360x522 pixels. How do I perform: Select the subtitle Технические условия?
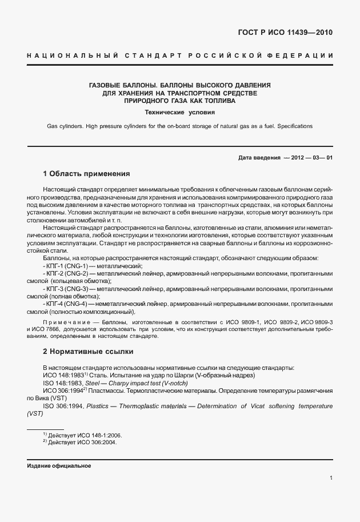click(179, 112)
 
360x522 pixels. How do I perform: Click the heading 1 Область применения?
click(87, 173)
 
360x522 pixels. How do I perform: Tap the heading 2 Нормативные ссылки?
click(88, 351)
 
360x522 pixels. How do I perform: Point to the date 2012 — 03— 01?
click(308, 157)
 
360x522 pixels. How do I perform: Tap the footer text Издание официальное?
click(59, 465)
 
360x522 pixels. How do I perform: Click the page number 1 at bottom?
click(331, 478)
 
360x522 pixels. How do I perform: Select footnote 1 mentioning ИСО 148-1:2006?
click(82, 435)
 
